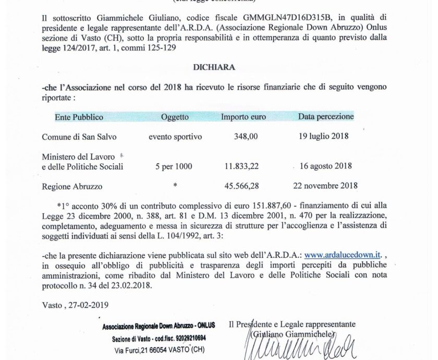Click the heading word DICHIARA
(222, 67)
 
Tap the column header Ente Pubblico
(79, 117)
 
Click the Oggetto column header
(175, 117)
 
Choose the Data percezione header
(326, 116)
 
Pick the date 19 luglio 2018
(324, 137)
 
